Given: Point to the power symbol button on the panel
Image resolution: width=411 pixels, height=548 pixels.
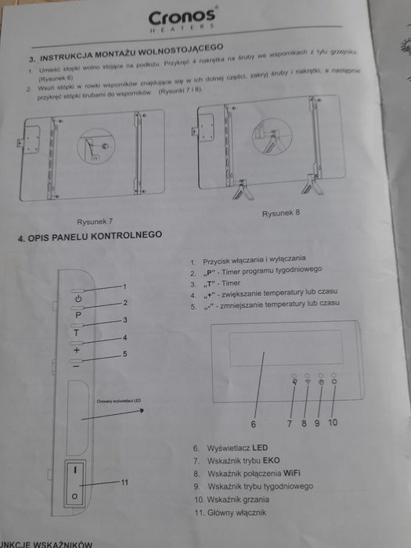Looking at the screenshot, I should coord(78,300).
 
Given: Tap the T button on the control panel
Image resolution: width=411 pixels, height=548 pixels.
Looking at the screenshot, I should coord(78,333).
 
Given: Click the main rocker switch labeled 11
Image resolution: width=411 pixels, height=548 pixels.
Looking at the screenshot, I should coord(74,483).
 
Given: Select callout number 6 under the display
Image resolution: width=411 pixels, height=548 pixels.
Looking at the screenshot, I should coord(253,424).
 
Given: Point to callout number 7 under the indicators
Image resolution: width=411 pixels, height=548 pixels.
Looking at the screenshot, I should coord(289,424).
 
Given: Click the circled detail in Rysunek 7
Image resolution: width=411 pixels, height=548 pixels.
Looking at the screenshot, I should coord(98,147).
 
